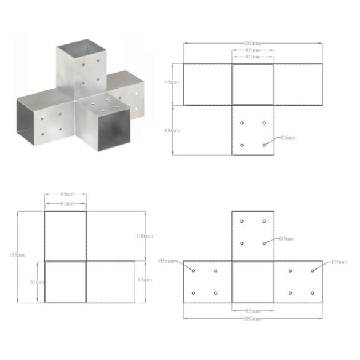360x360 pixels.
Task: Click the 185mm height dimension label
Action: [23, 255]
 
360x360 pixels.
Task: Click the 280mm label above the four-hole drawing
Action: [252, 43]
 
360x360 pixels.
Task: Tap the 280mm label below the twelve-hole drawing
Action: [252, 319]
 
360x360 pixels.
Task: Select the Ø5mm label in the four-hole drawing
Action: [287, 138]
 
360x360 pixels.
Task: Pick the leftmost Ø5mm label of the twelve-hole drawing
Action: [166, 261]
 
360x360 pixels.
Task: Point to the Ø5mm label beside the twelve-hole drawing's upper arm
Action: [287, 238]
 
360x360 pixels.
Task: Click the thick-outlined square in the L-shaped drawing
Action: [65, 281]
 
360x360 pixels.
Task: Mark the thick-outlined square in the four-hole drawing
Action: [252, 84]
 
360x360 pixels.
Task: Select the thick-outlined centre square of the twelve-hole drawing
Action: [252, 281]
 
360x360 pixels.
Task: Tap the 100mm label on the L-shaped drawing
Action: [146, 236]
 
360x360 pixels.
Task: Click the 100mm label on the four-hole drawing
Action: [174, 130]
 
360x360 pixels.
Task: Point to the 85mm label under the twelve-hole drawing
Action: [252, 310]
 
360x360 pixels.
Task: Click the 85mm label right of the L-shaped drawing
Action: [146, 281]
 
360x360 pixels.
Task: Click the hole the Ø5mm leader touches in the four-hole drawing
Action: [264, 145]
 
